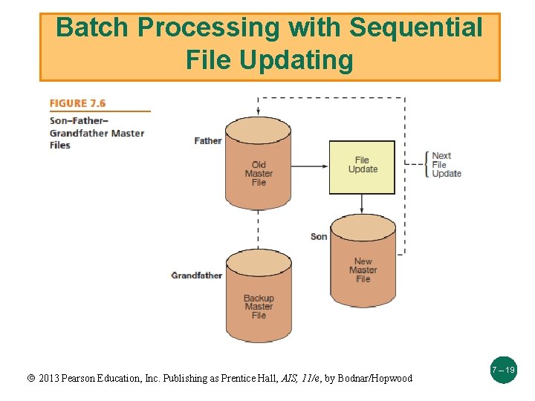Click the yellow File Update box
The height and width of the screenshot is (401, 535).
pos(362,166)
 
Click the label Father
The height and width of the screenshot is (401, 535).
pos(208,140)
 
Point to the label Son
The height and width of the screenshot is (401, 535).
pos(319,236)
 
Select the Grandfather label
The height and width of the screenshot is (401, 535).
pos(197,276)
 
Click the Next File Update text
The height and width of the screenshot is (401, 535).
pos(446,165)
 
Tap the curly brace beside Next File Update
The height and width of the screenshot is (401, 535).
pos(427,164)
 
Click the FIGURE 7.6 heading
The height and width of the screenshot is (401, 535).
pos(78,103)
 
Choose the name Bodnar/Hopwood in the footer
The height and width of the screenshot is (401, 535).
pos(374,378)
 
